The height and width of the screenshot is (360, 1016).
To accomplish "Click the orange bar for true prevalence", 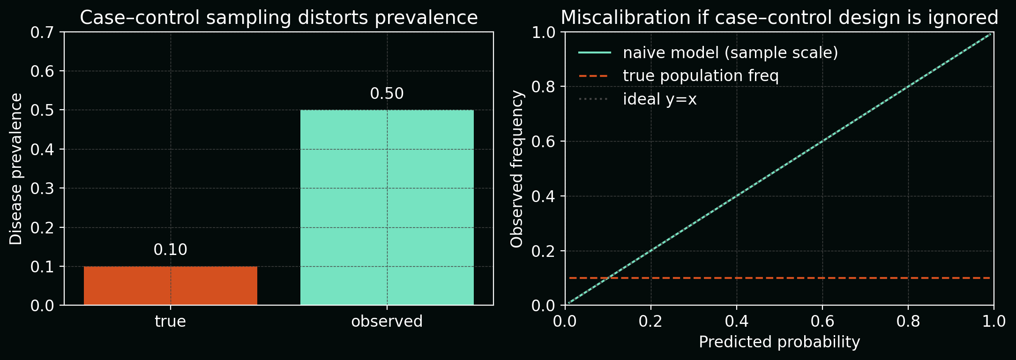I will point(171,285).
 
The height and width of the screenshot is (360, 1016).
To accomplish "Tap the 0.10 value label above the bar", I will point(171,250).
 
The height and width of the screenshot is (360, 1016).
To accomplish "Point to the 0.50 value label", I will point(387,94).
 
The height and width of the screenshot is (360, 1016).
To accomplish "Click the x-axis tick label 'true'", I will point(171,322).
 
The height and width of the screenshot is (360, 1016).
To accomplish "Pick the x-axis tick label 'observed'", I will point(387,322).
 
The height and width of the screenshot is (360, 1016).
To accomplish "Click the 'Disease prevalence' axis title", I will point(16,169).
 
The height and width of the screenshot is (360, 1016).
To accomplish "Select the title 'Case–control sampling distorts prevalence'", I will point(279,18).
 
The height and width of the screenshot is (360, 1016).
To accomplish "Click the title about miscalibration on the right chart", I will point(779,18).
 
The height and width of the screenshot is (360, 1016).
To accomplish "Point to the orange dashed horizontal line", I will point(797,278).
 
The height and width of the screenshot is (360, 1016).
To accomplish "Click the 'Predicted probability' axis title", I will point(779,342).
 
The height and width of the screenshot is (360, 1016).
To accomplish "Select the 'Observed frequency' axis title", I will point(516,169).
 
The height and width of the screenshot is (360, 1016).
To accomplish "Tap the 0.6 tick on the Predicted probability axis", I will point(822,322).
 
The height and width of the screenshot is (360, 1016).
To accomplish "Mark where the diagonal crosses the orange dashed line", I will point(608,278).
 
